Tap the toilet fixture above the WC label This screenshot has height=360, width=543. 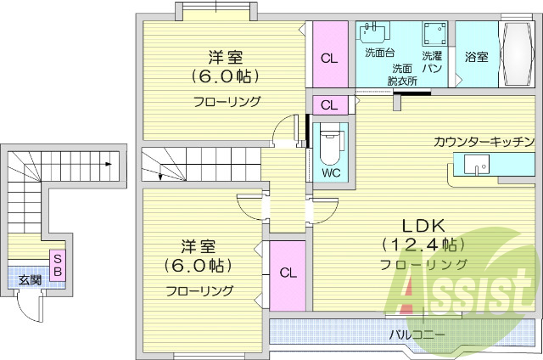(329, 144)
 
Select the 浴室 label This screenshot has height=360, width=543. (477, 58)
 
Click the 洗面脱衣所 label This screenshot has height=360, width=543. (402, 75)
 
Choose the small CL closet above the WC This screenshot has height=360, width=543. (329, 105)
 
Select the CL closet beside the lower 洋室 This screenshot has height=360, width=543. (288, 273)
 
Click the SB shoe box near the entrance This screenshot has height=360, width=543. (58, 265)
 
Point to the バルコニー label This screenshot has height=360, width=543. (417, 335)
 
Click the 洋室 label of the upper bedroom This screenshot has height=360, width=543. (226, 58)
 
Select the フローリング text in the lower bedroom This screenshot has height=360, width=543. (199, 290)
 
